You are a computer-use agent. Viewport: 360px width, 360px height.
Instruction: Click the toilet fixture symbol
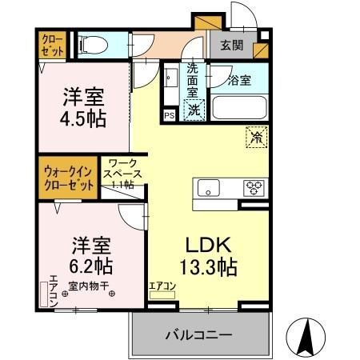click(94, 45)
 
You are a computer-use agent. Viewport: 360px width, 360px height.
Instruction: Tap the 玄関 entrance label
click(232, 46)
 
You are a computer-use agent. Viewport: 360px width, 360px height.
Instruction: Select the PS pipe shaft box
click(170, 115)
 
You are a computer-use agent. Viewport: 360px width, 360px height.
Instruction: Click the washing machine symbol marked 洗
click(194, 110)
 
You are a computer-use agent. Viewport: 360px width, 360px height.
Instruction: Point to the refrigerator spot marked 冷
click(257, 138)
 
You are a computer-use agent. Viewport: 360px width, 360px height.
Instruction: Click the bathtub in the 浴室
click(240, 107)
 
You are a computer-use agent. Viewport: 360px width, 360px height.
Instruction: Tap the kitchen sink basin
click(209, 188)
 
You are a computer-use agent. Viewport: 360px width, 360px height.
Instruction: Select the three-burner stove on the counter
click(254, 188)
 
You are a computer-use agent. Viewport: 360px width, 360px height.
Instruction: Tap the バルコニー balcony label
click(198, 334)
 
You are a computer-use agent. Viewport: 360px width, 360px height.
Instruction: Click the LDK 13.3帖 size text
click(209, 256)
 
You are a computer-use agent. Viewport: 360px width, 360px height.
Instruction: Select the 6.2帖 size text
click(90, 266)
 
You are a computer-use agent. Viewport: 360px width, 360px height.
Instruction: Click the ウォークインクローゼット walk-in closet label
click(69, 178)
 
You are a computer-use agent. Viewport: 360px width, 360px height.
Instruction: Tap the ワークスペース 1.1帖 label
click(122, 174)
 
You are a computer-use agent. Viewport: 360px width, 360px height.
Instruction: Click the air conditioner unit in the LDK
click(162, 295)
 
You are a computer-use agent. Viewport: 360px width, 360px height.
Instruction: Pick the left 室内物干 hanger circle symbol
click(65, 294)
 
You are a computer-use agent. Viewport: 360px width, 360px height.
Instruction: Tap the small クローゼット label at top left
click(53, 45)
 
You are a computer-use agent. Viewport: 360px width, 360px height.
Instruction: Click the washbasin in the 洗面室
click(171, 78)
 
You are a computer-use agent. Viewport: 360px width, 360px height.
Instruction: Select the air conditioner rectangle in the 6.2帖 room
click(43, 294)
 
